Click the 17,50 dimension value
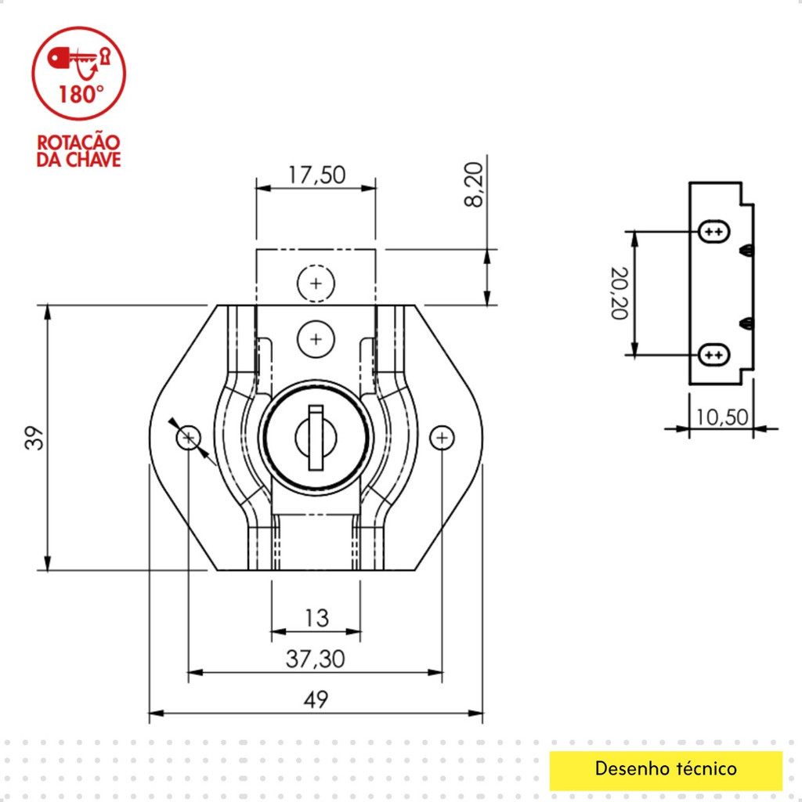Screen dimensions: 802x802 317,175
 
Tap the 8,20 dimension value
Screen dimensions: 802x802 474,184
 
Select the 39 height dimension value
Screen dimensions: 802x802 34,438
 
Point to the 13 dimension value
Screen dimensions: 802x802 316,619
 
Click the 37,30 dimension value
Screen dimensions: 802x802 315,659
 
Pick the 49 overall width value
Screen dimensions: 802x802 316,699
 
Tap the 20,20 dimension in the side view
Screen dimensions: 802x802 620,293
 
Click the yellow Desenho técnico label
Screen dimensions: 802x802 666,769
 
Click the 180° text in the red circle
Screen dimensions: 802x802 81,95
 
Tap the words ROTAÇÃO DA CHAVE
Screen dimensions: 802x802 79,151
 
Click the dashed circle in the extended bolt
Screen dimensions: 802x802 316,284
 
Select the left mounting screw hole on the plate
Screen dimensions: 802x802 189,438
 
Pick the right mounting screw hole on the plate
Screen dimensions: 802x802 442,438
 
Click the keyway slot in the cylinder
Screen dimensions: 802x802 316,438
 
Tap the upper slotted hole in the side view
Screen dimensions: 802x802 714,232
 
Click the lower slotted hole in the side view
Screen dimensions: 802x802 714,355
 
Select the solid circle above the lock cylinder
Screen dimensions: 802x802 316,339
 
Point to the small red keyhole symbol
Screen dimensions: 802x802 106,56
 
